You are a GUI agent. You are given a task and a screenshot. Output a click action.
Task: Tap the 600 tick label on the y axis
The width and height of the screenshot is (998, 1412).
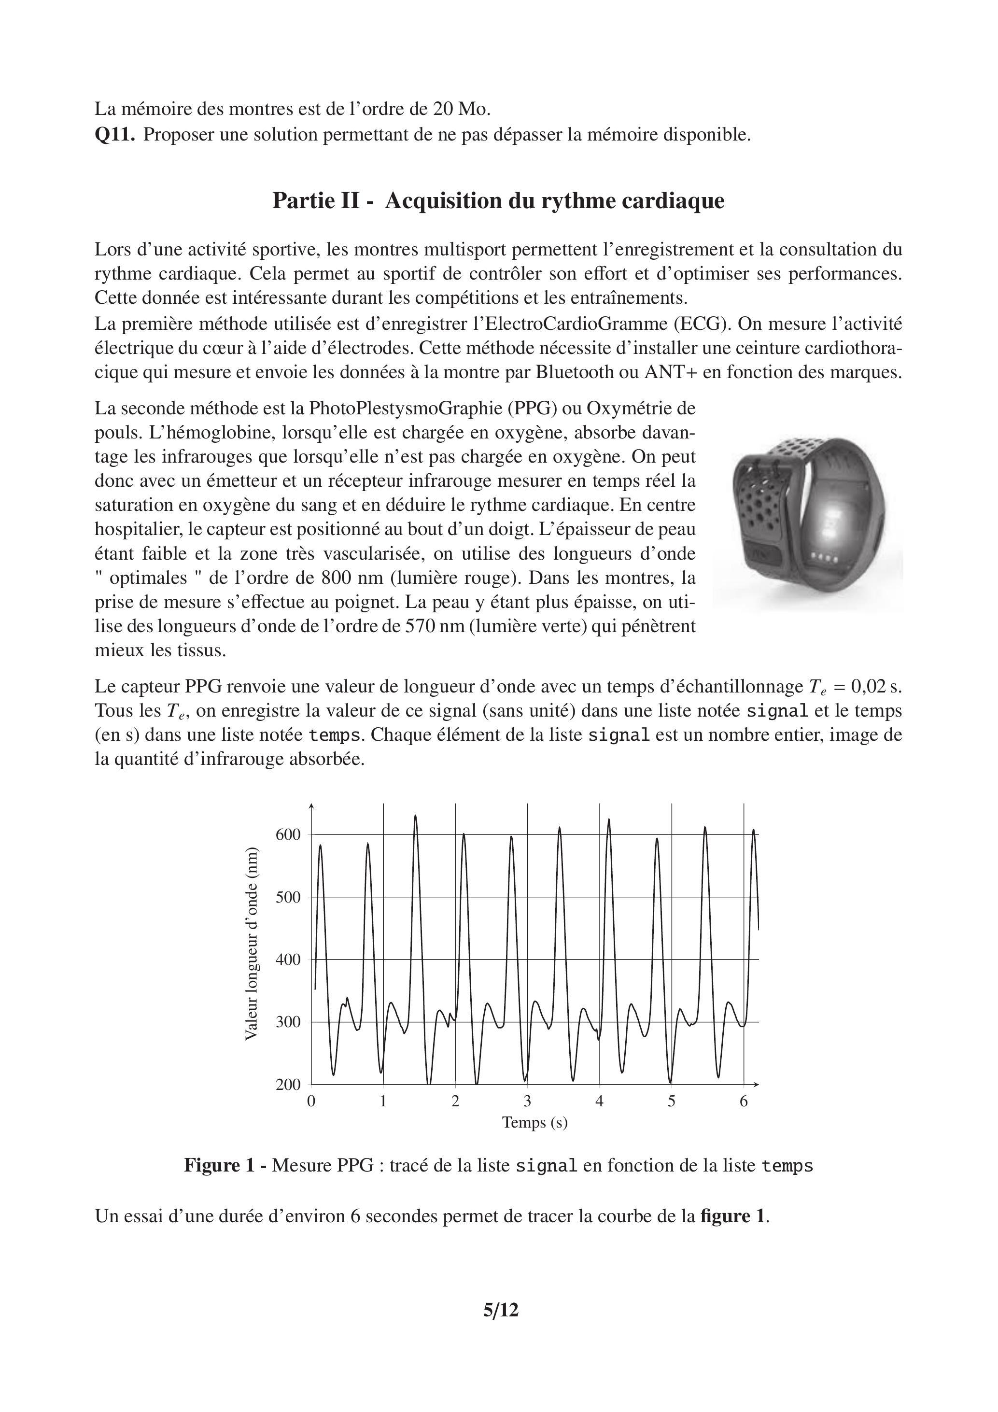click(x=288, y=834)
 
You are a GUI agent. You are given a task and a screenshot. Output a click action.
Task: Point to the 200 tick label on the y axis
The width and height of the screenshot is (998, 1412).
click(x=288, y=1084)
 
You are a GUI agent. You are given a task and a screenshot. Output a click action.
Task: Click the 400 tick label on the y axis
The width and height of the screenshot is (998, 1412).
click(x=288, y=960)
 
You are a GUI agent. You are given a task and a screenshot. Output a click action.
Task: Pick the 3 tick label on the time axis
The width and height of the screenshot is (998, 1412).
click(x=527, y=1101)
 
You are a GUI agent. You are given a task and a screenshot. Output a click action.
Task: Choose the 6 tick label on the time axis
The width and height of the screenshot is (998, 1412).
click(x=744, y=1101)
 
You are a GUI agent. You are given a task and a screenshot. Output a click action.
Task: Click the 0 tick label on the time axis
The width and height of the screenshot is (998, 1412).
click(x=311, y=1101)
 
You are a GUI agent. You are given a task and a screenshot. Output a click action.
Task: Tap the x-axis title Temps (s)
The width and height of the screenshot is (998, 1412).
click(x=534, y=1122)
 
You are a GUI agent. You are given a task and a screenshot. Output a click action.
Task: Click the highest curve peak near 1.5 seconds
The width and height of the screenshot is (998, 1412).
click(x=416, y=816)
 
